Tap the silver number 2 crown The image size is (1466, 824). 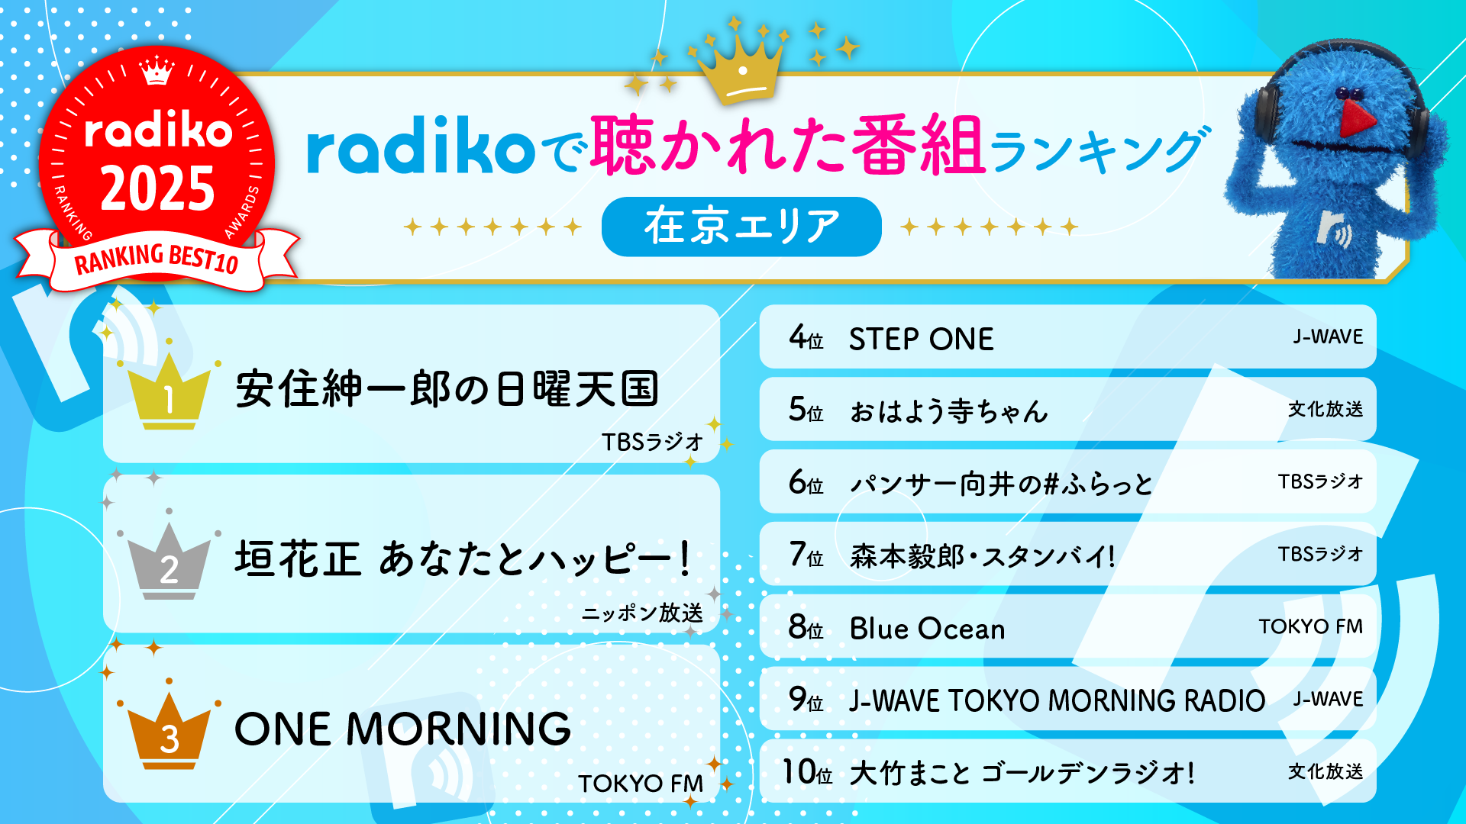coord(169,563)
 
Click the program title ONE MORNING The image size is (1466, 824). coord(402,729)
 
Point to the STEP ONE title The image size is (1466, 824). coord(921,339)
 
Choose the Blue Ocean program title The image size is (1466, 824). coord(927,629)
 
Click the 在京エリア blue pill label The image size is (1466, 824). coord(741,227)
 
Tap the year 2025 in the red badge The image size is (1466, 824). coord(157,189)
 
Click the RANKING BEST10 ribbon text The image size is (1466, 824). coord(157,260)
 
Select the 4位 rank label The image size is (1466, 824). coord(806,337)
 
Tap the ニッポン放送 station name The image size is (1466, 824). coord(641,613)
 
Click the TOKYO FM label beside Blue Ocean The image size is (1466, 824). coord(1310,626)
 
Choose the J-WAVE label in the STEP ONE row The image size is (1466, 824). coord(1327,336)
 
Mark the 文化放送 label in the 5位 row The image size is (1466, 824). coord(1325,409)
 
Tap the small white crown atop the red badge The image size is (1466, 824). coord(157,71)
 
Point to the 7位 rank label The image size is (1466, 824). coord(806,555)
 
